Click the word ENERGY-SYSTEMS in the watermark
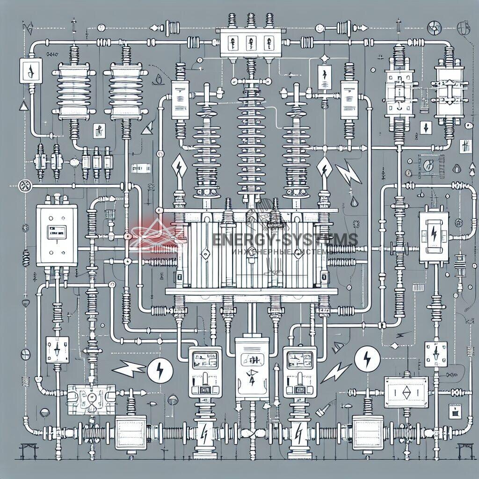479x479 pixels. pyautogui.click(x=285, y=239)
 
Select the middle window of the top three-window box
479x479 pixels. pyautogui.click(x=249, y=41)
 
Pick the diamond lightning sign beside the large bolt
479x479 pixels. pyautogui.click(x=324, y=167)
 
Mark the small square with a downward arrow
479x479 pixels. pyautogui.click(x=426, y=127)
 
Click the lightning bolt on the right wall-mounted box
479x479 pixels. pyautogui.click(x=434, y=232)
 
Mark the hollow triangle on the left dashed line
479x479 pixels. pyautogui.click(x=23, y=106)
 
